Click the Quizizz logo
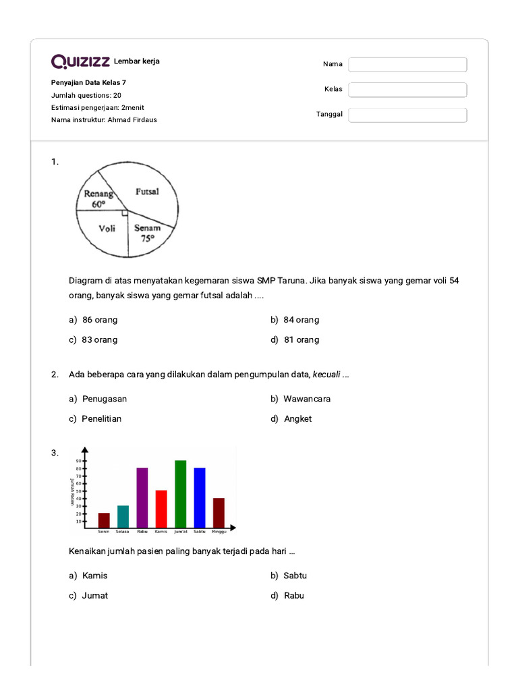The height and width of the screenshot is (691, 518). (x=80, y=62)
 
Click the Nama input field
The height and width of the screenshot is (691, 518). (x=407, y=64)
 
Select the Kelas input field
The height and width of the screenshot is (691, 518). (x=407, y=90)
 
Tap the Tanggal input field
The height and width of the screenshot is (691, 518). (x=407, y=115)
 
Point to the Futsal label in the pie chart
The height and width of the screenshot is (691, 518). (x=147, y=192)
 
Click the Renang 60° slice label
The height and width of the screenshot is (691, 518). (x=98, y=198)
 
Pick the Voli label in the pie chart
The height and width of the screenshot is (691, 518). (x=107, y=228)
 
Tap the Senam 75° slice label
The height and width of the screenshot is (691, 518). (x=147, y=233)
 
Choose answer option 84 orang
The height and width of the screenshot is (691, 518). (x=301, y=320)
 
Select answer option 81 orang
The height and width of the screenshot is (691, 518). (x=301, y=340)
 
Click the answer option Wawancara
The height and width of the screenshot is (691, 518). (x=307, y=399)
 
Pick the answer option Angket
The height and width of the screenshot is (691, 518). (x=297, y=419)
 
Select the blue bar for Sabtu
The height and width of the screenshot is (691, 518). (x=200, y=497)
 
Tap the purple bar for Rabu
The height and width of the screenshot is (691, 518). (x=142, y=497)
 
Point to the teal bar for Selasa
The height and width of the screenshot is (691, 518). (x=123, y=516)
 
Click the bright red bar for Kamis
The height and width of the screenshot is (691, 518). (x=161, y=508)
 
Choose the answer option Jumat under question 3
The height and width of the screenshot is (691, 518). (x=94, y=596)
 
